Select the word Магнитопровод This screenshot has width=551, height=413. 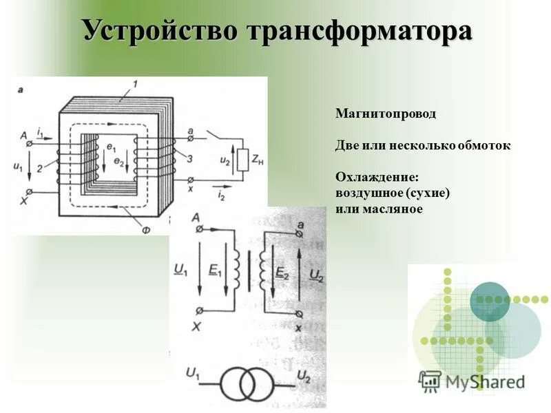[386, 113]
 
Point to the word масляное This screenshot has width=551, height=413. [392, 209]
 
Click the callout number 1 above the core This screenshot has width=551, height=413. [135, 84]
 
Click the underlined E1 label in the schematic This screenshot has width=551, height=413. [216, 271]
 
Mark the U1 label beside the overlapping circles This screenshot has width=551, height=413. [193, 374]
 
